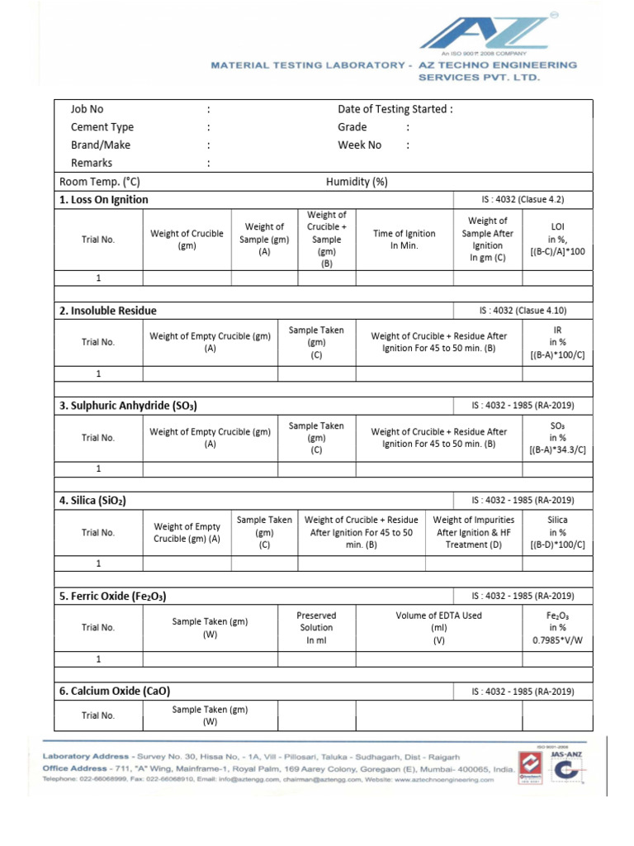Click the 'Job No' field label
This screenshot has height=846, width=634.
(x=88, y=109)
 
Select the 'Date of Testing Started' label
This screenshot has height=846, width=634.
(x=395, y=109)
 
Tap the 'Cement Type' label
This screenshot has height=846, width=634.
(x=102, y=127)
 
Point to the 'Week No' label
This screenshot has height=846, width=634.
(x=360, y=145)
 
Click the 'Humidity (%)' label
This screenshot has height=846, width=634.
(x=357, y=182)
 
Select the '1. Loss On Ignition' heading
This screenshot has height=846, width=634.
(x=104, y=200)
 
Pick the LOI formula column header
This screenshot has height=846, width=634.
(x=556, y=240)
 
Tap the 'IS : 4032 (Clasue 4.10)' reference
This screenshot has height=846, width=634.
(x=523, y=311)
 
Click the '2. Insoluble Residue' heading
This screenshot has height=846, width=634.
(x=107, y=311)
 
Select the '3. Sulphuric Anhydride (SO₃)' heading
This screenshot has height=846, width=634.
(x=128, y=406)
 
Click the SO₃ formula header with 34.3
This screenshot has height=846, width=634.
(x=556, y=438)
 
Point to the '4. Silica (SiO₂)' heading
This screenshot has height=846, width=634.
(x=92, y=501)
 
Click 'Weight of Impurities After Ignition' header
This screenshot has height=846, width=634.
(x=473, y=532)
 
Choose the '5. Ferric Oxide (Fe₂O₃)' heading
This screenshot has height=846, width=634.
(x=118, y=596)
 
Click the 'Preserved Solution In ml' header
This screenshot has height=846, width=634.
(x=316, y=627)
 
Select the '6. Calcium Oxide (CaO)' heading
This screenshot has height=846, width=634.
(x=114, y=691)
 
